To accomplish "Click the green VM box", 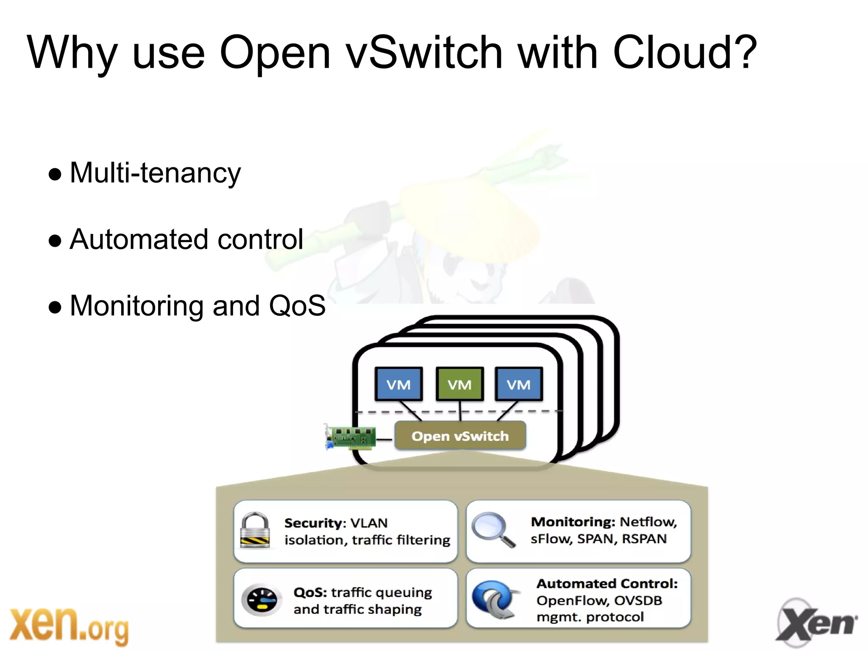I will coord(459,384).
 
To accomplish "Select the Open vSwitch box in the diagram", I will coord(460,436).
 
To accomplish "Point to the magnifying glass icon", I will coord(492,529).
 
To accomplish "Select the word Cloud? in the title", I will coord(684,53).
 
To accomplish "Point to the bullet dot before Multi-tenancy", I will coord(55,174).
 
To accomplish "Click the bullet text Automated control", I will coord(186,239).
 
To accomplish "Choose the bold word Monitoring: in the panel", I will coord(573,522).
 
